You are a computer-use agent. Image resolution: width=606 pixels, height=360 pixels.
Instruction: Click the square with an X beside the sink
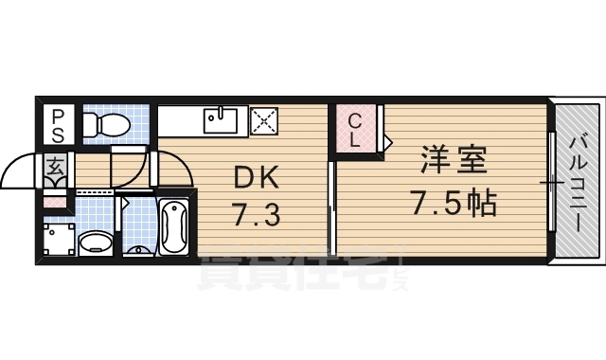262,121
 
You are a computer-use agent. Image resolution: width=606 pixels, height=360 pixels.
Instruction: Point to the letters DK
255,177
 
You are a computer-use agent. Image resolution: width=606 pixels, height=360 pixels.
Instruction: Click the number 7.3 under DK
255,216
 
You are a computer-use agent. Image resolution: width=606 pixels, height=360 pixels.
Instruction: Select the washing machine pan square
58,241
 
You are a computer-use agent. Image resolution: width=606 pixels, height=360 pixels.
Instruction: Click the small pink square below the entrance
56,201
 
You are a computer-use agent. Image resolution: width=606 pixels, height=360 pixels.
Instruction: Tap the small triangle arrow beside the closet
387,140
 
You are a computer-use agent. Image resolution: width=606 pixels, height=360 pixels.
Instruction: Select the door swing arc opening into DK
172,171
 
